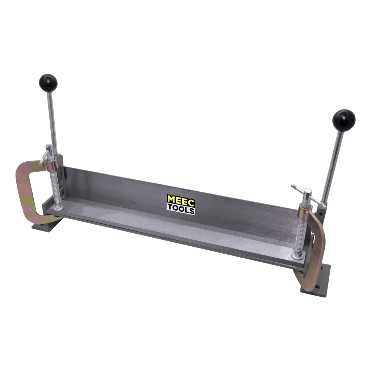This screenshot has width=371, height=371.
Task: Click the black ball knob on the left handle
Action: (x=48, y=83)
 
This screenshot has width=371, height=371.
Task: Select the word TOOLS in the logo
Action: (x=181, y=210)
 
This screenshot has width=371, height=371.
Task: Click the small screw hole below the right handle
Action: (x=321, y=213)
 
